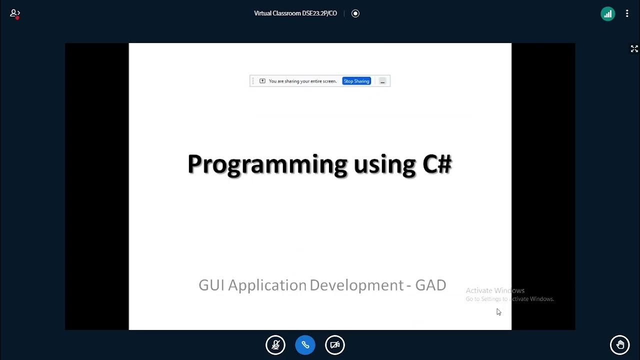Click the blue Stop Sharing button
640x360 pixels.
[x=356, y=81]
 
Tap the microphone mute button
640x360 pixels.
[x=275, y=345]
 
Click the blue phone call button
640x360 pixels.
[x=305, y=345]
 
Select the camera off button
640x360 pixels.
[x=335, y=345]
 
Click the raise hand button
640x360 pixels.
[x=620, y=345]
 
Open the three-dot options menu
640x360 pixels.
[x=627, y=14]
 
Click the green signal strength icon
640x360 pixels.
[x=607, y=14]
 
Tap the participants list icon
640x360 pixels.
[x=15, y=14]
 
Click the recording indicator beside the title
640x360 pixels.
[x=355, y=13]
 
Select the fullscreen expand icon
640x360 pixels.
[x=634, y=48]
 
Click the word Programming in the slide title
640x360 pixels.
[x=267, y=164]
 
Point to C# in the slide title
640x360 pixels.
[x=437, y=164]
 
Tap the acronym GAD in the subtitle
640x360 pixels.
[x=431, y=285]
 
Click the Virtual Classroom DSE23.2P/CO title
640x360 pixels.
[x=295, y=13]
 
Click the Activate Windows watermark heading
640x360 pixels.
[x=495, y=290]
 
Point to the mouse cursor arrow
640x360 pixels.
[x=498, y=311]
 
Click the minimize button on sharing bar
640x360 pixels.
[x=382, y=81]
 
